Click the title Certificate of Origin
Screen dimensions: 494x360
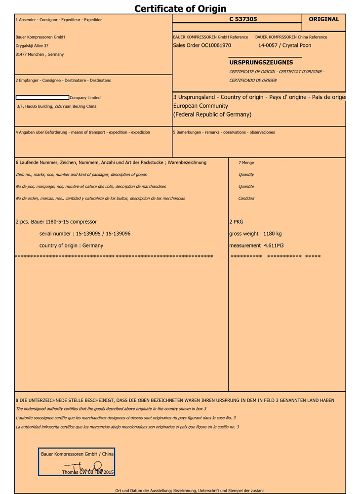click(180, 8)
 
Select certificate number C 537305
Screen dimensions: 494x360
click(243, 19)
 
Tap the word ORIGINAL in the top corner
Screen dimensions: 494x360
click(324, 19)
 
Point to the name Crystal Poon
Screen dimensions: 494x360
click(297, 45)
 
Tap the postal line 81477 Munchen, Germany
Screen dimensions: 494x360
click(40, 55)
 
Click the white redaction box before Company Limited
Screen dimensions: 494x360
click(42, 98)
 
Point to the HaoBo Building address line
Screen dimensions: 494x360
click(57, 106)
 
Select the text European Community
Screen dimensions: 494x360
click(200, 106)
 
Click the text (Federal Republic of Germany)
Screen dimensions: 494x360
click(212, 115)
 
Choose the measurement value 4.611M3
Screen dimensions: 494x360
click(274, 246)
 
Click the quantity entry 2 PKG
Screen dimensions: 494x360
click(236, 222)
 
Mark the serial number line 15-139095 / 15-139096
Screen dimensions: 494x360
click(103, 234)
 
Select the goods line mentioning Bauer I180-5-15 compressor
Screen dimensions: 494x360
click(56, 222)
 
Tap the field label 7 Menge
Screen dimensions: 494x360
click(246, 163)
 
